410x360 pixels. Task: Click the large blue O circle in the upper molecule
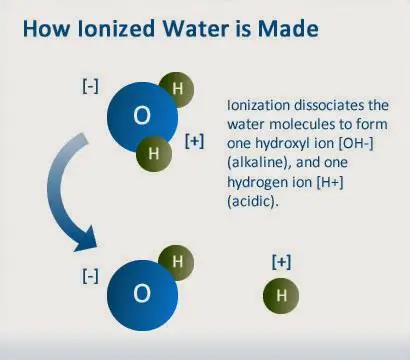point(141,117)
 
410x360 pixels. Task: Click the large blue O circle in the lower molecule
point(141,293)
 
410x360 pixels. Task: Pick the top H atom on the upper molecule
point(175,87)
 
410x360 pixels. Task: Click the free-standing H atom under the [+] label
point(281,297)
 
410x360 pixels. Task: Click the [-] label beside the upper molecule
point(90,87)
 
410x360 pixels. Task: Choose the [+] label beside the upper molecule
point(195,140)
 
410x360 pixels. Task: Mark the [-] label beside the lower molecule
point(90,275)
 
